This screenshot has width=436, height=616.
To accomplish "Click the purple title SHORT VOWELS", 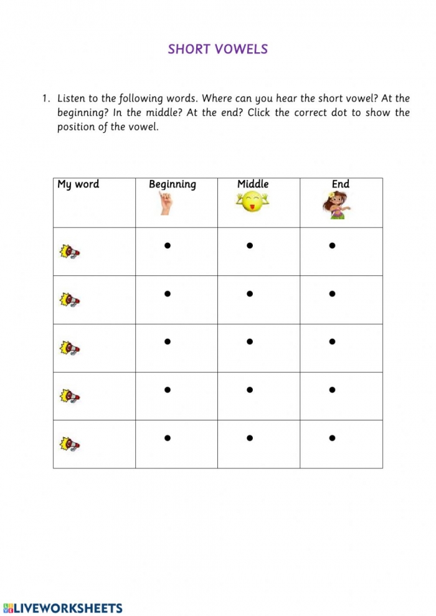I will [217, 49].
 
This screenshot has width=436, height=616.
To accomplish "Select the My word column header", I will [78, 184].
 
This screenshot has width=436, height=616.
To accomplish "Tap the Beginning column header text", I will [173, 184].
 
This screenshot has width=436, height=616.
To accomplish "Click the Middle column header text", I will [253, 184].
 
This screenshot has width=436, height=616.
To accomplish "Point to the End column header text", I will [341, 184].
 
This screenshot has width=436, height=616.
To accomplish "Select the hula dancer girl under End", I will [336, 204].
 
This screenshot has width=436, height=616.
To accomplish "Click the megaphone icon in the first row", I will [70, 252].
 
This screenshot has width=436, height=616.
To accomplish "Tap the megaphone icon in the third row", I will [70, 348].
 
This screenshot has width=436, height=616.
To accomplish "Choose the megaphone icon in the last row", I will [70, 444].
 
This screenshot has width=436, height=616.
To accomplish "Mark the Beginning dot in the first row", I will [167, 245].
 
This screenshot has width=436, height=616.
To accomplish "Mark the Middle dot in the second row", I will [249, 293].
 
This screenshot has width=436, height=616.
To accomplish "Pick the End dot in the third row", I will [332, 341].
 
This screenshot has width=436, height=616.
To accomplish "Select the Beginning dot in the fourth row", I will [167, 390].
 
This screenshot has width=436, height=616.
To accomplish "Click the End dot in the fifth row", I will [332, 438].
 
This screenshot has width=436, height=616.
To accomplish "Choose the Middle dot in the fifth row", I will [249, 438].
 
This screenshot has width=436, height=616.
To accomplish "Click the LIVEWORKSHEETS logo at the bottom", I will [62, 608].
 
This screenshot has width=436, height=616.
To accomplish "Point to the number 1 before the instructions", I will [45, 98].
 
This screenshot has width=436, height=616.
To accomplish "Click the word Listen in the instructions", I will [72, 98].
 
